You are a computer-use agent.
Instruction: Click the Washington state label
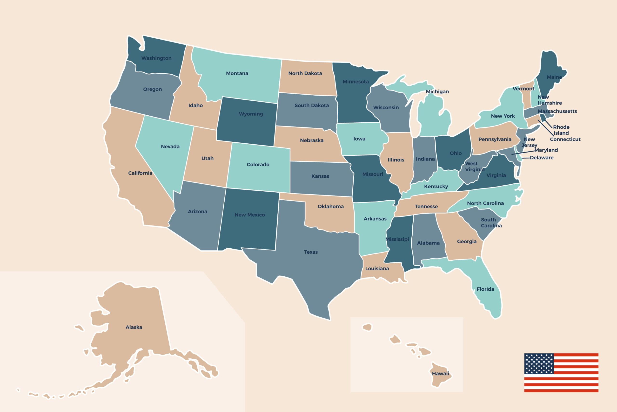pyautogui.click(x=156, y=58)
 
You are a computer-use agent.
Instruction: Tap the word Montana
pyautogui.click(x=237, y=73)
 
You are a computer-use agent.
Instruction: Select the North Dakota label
pyautogui.click(x=305, y=73)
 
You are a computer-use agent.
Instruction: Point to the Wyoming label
pyautogui.click(x=251, y=114)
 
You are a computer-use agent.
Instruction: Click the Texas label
pyautogui.click(x=311, y=252)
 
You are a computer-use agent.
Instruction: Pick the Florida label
pyautogui.click(x=485, y=289)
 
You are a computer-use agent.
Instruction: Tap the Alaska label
pyautogui.click(x=134, y=327)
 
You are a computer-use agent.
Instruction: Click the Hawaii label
pyautogui.click(x=440, y=373)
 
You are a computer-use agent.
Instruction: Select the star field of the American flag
pyautogui.click(x=539, y=364)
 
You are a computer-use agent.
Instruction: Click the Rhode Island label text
pyautogui.click(x=561, y=130)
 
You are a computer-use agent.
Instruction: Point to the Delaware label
pyautogui.click(x=542, y=158)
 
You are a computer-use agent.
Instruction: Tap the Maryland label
pyautogui.click(x=546, y=150)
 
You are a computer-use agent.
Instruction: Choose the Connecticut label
pyautogui.click(x=565, y=139)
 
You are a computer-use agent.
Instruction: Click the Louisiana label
pyautogui.click(x=377, y=269)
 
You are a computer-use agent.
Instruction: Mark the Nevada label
pyautogui.click(x=170, y=146)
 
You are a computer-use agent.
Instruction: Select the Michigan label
pyautogui.click(x=437, y=91)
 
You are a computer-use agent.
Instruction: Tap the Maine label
pyautogui.click(x=554, y=77)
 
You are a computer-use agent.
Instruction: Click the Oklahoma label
pyautogui.click(x=330, y=206)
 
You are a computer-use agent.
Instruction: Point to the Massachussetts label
pyautogui.click(x=557, y=111)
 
